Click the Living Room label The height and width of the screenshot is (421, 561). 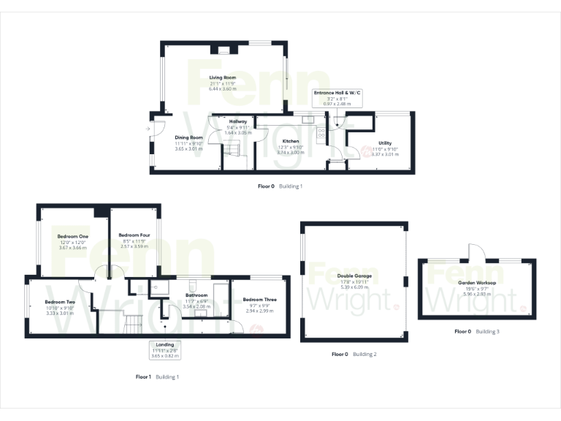[x=223, y=77]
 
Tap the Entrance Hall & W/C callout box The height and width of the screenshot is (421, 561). [x=338, y=99]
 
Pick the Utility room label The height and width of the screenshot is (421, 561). [x=385, y=143]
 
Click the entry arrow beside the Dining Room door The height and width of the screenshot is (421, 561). [x=147, y=129]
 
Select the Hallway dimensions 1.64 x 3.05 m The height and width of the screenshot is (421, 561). [x=237, y=132]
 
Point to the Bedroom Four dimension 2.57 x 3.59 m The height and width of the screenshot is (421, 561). [x=134, y=247]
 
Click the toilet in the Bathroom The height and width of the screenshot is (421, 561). [x=191, y=285]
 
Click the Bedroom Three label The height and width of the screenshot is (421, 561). [x=259, y=300]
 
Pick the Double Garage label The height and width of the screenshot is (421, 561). [x=354, y=276]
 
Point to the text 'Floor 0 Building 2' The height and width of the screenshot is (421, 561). [x=354, y=354]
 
